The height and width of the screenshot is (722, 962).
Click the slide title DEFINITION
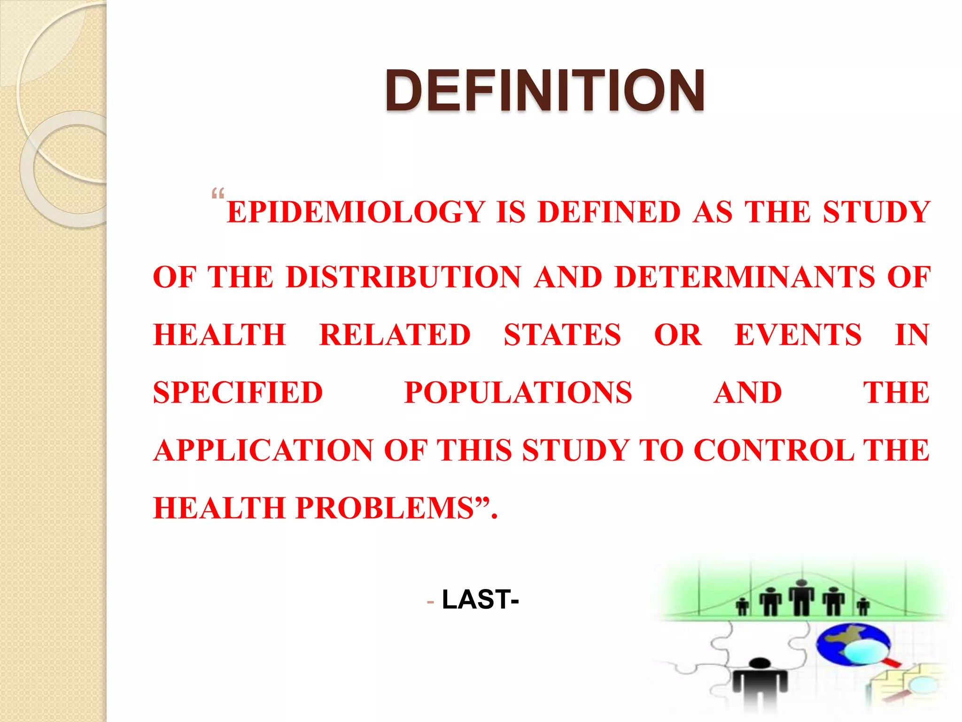(545, 90)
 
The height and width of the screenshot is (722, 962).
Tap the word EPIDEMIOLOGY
(356, 212)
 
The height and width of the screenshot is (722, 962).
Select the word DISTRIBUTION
(403, 277)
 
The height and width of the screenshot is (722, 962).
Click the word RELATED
(395, 335)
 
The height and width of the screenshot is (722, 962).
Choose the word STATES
(562, 335)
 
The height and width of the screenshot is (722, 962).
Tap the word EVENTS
(798, 335)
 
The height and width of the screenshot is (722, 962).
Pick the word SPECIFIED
(238, 393)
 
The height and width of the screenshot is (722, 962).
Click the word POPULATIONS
(518, 393)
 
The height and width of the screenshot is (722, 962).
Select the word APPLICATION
(263, 451)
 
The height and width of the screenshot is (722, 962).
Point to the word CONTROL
(774, 451)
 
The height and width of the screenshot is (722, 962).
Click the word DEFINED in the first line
(609, 212)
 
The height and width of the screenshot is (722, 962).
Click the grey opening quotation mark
(218, 194)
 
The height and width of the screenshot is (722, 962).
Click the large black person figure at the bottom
(760, 684)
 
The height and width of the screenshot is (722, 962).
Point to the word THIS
(474, 451)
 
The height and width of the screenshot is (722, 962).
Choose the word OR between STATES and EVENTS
(677, 335)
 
